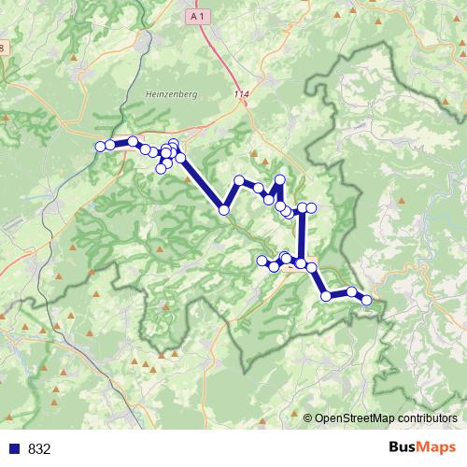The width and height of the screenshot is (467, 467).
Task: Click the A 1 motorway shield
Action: click(x=195, y=17)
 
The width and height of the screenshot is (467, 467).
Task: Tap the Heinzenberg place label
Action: click(x=167, y=93)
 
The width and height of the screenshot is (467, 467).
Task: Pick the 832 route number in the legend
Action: click(x=39, y=448)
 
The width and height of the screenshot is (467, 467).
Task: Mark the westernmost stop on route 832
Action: click(x=100, y=146)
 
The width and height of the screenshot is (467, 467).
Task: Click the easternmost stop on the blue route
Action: click(x=367, y=301)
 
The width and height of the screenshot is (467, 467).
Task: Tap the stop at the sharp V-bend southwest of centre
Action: click(x=224, y=210)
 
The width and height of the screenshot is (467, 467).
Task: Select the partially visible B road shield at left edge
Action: click(x=3, y=48)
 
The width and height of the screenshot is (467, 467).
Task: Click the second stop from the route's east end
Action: click(x=352, y=292)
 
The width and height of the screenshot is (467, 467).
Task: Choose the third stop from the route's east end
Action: click(x=326, y=296)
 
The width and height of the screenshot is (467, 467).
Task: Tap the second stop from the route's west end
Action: click(x=110, y=144)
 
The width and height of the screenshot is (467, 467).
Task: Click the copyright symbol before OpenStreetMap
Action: click(x=308, y=418)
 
